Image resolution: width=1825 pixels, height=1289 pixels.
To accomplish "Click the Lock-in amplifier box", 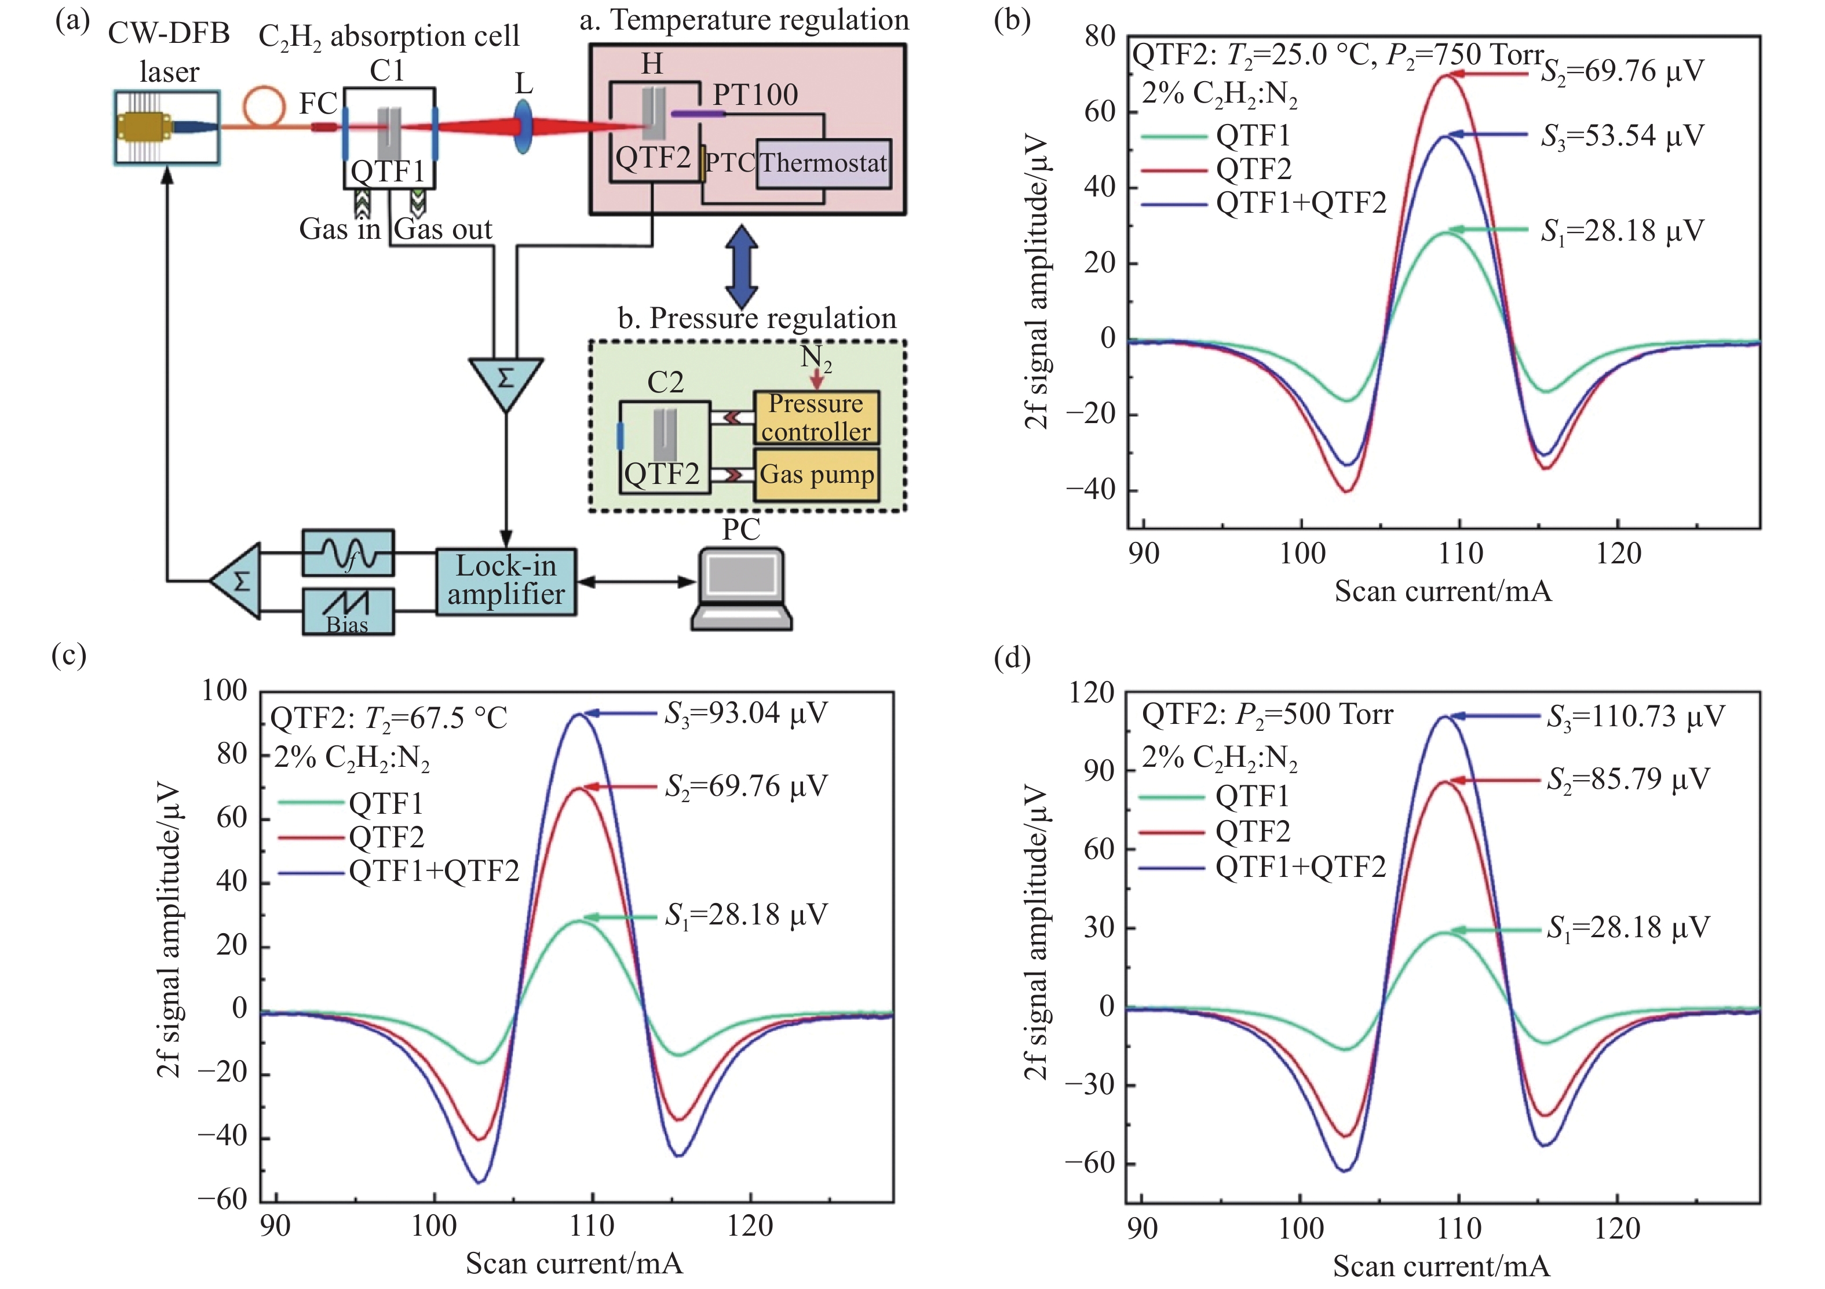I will tap(506, 581).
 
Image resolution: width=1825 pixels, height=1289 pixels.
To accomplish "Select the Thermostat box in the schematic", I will tap(823, 164).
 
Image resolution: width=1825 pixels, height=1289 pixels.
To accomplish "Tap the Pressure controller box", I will tap(816, 417).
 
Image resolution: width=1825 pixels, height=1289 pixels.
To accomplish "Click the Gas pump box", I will tap(816, 475).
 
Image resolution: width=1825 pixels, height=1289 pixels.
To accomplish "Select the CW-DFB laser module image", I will tap(167, 128).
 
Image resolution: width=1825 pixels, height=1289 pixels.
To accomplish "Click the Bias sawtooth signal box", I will tap(348, 611).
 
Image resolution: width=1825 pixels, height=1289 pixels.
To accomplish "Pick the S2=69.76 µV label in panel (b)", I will tap(1622, 71).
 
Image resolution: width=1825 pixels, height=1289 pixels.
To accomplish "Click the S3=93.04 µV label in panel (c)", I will tap(746, 713).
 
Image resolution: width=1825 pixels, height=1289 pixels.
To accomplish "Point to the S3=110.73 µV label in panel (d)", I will tap(1635, 716).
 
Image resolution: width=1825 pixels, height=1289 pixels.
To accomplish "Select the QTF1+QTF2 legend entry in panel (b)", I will tap(1301, 203).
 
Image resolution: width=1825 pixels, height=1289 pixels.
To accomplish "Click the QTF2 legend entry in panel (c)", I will tap(386, 836).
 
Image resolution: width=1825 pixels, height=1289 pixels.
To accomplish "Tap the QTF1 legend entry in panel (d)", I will tap(1252, 796).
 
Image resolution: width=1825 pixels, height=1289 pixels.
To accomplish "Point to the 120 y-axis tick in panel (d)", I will tap(1092, 693).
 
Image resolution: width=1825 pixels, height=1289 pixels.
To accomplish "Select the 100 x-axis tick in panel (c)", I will tap(434, 1226).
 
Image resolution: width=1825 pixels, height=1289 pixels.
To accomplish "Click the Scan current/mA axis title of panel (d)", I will tap(1441, 1266).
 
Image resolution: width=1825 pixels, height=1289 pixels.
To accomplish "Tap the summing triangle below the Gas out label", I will tap(506, 380).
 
